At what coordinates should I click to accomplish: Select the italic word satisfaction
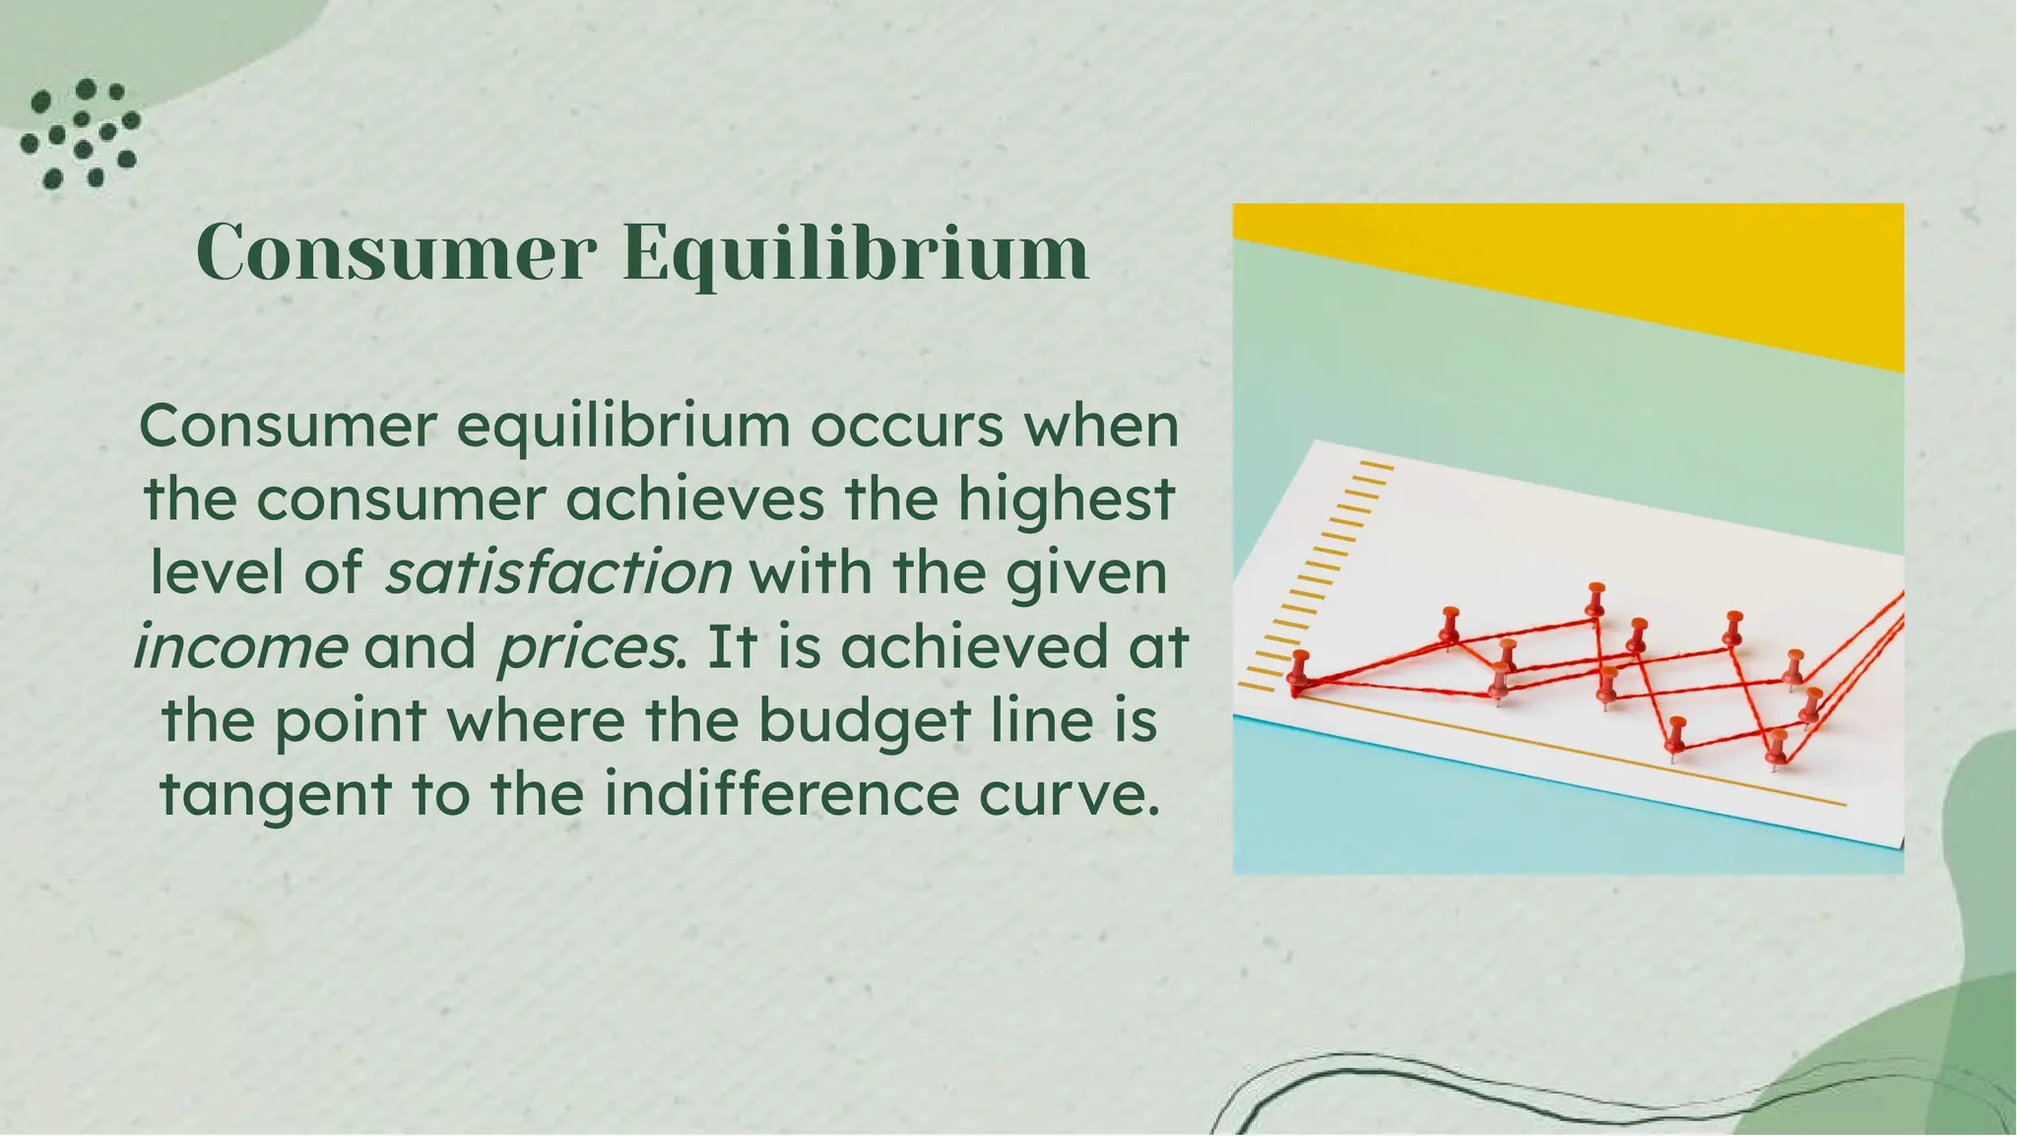point(558,573)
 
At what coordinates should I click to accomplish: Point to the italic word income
point(240,647)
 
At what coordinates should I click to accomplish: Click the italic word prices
point(587,648)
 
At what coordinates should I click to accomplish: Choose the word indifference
point(782,794)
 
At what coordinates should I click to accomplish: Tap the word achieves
point(694,500)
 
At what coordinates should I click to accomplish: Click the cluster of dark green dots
point(81,133)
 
